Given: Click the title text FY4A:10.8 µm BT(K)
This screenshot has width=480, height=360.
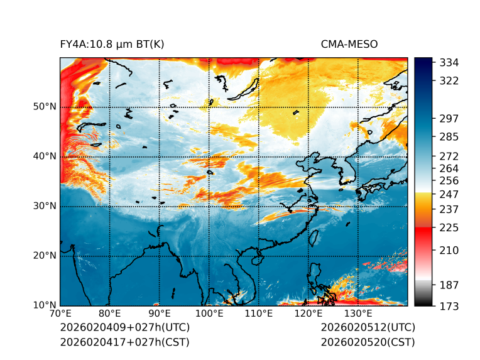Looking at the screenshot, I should (112, 44).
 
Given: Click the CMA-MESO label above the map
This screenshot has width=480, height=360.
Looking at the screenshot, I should (349, 44).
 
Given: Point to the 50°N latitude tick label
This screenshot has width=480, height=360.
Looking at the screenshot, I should (45, 107).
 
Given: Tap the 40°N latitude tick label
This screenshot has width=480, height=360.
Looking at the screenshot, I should (45, 156).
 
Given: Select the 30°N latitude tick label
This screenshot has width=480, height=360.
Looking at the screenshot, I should (45, 206).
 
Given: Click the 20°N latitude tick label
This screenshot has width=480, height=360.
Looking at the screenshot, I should (45, 256).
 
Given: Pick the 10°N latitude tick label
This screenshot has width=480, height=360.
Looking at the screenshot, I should (45, 305).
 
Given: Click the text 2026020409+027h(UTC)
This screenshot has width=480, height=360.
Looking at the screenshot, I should (124, 328).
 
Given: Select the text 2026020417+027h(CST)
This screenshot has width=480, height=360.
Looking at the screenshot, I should (124, 342).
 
